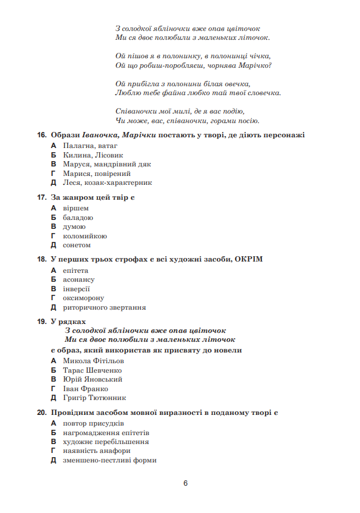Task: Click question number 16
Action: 42,135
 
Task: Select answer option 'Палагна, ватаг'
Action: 90,145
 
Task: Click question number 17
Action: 42,197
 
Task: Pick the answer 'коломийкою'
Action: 84,235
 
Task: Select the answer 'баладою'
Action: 78,217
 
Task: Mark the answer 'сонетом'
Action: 77,245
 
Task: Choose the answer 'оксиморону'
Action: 83,298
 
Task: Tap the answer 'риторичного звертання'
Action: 104,307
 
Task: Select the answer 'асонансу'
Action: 78,279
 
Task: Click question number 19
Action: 42,322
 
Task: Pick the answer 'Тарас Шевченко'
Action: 92,370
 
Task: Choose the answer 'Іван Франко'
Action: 85,389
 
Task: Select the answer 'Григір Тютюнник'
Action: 94,398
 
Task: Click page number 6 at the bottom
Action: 185,483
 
